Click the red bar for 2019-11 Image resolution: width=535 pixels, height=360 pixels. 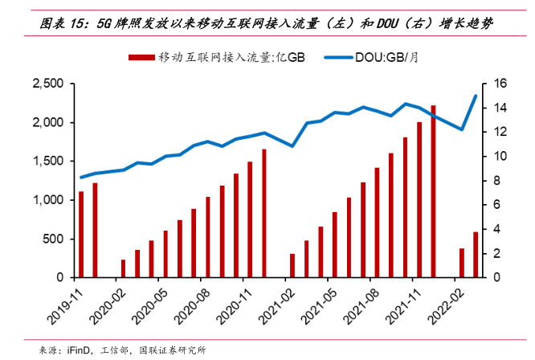click(x=81, y=234)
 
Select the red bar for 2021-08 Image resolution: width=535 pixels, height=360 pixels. click(x=377, y=223)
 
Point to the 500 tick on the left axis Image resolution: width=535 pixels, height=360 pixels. click(x=53, y=239)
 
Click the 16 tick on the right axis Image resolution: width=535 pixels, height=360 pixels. click(x=499, y=84)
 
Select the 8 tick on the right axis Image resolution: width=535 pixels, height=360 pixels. click(x=496, y=181)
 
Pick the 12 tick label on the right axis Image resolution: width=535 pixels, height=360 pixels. click(x=499, y=132)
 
